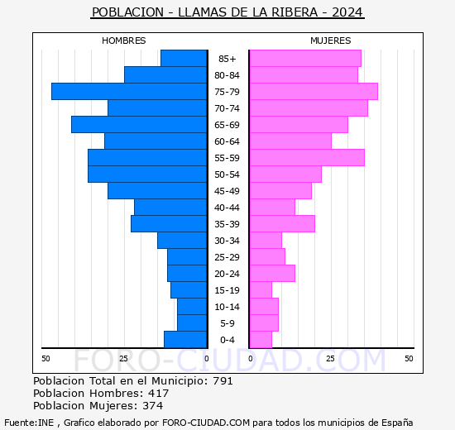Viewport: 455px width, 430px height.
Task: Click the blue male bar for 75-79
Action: pyautogui.click(x=129, y=92)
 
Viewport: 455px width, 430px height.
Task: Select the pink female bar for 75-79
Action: pyautogui.click(x=313, y=92)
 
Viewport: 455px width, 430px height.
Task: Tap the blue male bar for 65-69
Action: pyautogui.click(x=139, y=125)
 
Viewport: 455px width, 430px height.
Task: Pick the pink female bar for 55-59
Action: pyautogui.click(x=306, y=158)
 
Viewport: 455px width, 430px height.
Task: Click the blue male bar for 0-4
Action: pyautogui.click(x=185, y=340)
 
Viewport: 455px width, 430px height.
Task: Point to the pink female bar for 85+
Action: pyautogui.click(x=304, y=59)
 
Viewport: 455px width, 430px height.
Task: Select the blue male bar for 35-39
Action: pyautogui.click(x=169, y=224)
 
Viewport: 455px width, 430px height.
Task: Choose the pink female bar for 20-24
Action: pyautogui.click(x=271, y=274)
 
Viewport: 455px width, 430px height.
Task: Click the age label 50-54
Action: pyautogui.click(x=227, y=174)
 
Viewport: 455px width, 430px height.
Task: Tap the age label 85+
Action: pyautogui.click(x=227, y=59)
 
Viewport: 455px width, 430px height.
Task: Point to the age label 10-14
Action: pyautogui.click(x=227, y=307)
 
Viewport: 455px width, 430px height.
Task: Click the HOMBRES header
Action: pyautogui.click(x=124, y=41)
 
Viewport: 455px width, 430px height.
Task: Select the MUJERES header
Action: pyautogui.click(x=330, y=41)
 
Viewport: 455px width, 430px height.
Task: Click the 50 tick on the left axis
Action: pyautogui.click(x=45, y=358)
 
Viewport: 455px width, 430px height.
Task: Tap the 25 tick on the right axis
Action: pyautogui.click(x=330, y=358)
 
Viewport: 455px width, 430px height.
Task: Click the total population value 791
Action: pyautogui.click(x=223, y=381)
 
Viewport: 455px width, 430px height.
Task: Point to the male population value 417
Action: pyautogui.click(x=158, y=394)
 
